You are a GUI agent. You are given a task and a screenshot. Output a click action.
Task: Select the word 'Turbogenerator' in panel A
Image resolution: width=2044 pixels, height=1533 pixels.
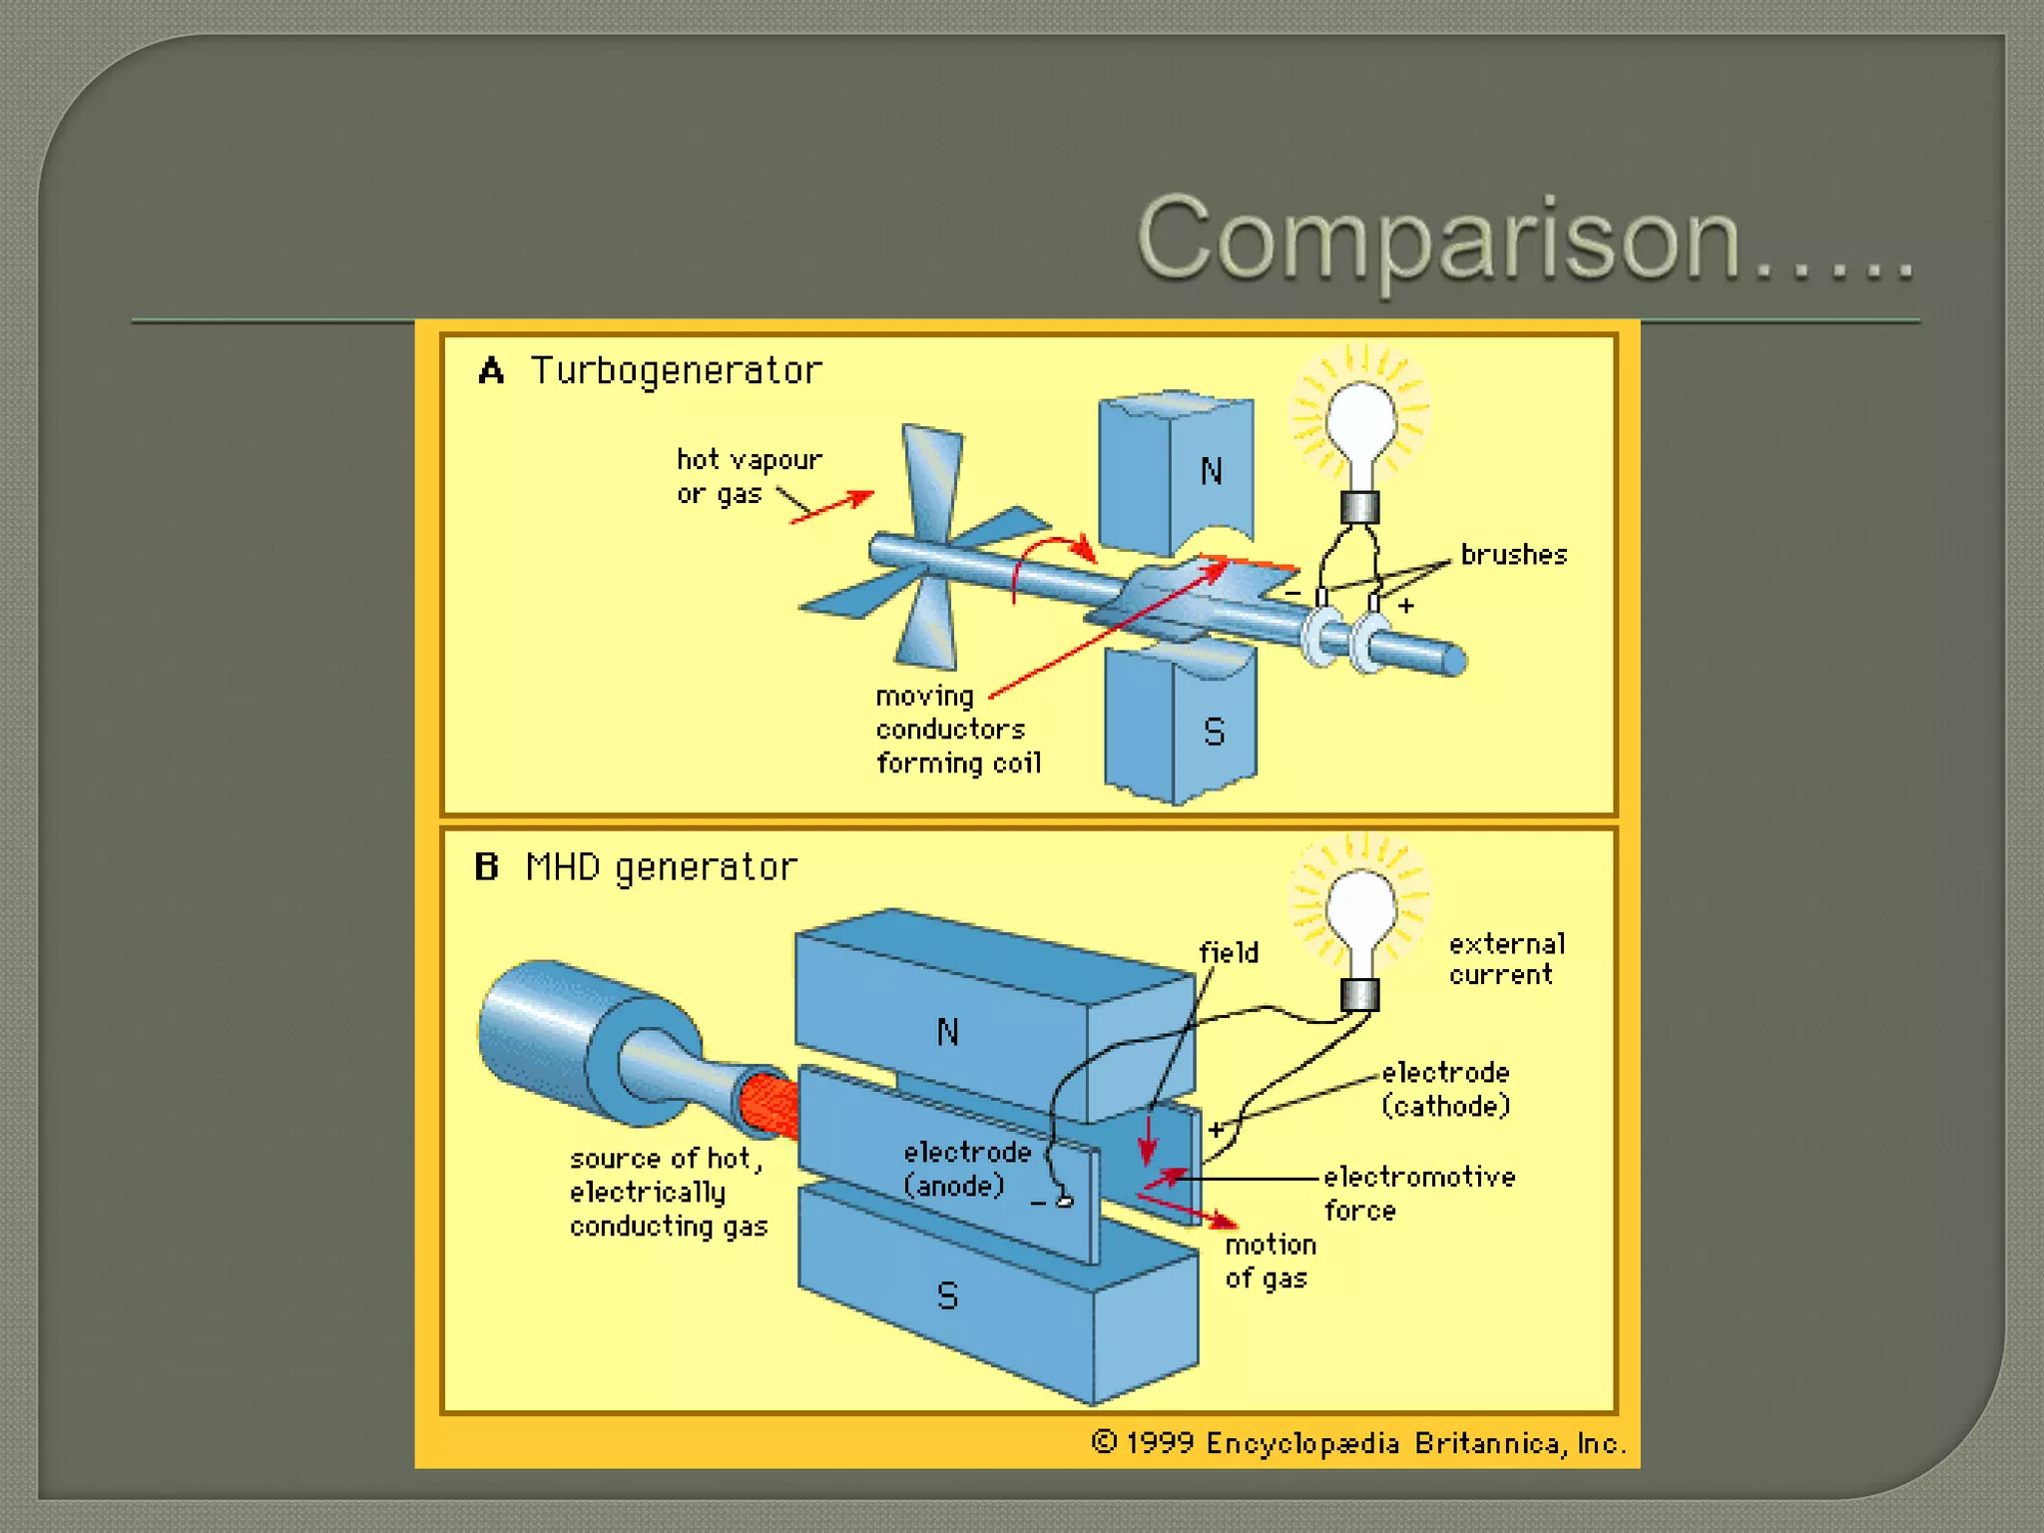676,371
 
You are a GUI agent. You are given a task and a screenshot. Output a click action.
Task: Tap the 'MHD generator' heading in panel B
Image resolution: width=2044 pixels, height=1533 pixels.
661,867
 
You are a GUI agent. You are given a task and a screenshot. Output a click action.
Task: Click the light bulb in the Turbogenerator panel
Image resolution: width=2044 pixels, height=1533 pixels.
1360,424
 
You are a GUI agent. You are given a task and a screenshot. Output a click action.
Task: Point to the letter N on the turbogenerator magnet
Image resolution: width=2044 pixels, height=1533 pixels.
1212,471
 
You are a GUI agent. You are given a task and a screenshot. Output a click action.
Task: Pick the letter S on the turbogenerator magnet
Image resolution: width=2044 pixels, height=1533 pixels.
1214,733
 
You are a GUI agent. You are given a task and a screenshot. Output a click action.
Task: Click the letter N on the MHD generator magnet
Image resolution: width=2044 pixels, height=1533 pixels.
947,1032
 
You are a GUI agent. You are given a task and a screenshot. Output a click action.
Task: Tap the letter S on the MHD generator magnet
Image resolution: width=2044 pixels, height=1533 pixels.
947,1296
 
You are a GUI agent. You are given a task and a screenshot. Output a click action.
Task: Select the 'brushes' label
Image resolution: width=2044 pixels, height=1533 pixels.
1513,555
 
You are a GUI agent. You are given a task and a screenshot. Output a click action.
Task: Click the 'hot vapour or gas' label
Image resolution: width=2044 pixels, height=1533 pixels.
749,476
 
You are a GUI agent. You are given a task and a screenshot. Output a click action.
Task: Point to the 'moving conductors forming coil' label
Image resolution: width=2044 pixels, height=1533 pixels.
957,730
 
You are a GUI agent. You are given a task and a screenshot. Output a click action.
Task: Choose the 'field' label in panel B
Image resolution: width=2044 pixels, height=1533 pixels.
1228,953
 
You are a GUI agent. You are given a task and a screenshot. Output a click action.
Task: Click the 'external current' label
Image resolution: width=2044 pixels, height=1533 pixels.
1506,959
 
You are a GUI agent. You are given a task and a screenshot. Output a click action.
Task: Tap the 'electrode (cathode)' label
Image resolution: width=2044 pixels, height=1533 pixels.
1445,1089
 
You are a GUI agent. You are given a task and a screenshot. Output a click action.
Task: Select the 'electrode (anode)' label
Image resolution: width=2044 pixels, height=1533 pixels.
966,1169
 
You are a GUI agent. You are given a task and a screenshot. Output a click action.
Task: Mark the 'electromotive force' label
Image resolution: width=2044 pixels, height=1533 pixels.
1418,1193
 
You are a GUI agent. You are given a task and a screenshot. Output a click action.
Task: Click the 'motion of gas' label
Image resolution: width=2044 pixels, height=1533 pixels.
1270,1262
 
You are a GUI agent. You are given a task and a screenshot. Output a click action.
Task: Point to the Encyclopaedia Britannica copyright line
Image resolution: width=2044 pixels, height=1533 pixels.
1358,1443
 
